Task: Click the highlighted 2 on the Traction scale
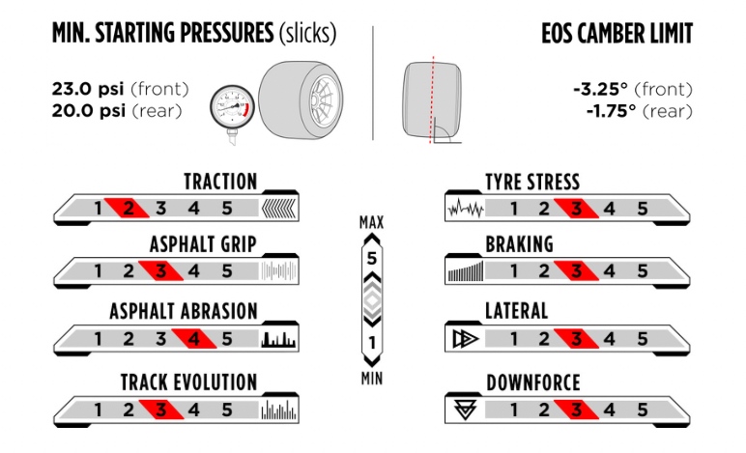[129, 208]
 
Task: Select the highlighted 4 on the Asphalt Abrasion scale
[194, 339]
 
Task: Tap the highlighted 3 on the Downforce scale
[577, 410]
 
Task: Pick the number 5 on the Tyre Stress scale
[642, 208]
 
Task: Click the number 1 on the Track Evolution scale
[98, 410]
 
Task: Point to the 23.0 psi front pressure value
[84, 90]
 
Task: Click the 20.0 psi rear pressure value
[84, 111]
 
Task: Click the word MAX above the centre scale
[372, 223]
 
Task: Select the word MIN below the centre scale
[372, 379]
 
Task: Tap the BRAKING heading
[519, 245]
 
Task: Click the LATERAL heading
[516, 311]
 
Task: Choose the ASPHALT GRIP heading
[203, 244]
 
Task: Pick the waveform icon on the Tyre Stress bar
[465, 209]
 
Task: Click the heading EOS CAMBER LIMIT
[617, 34]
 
